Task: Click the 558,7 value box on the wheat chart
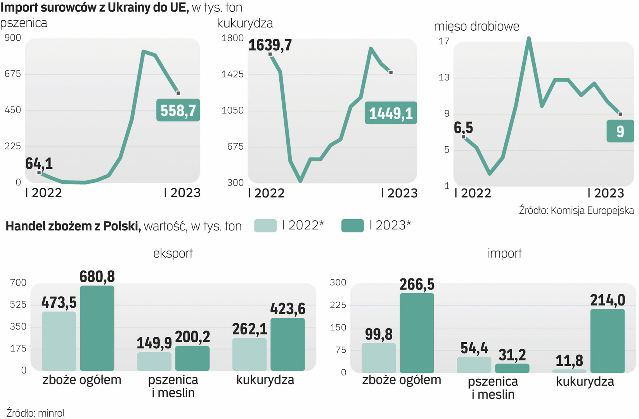[x=178, y=111]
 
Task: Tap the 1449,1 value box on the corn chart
[x=391, y=113]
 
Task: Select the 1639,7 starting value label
[x=270, y=45]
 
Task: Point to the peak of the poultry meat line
[x=528, y=38]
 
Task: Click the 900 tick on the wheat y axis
[x=13, y=38]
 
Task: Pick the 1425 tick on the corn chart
[x=232, y=74]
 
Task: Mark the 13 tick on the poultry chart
[x=444, y=78]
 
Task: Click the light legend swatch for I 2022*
[x=265, y=225]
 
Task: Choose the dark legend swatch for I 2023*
[x=352, y=225]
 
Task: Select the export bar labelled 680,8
[x=97, y=328]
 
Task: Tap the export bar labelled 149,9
[x=154, y=361]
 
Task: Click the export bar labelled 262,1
[x=249, y=354]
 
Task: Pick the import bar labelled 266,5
[x=417, y=333]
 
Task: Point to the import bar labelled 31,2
[x=512, y=368]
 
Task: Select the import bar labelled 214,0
[x=607, y=341]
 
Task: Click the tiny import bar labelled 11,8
[x=569, y=371]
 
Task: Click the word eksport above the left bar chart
[x=173, y=253]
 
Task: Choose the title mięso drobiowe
[x=476, y=26]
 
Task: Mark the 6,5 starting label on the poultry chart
[x=463, y=128]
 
